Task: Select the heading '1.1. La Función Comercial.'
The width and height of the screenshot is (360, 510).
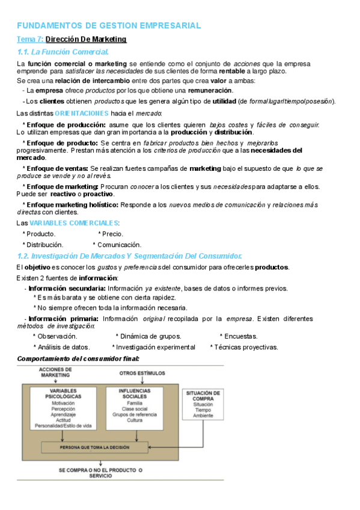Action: [63, 52]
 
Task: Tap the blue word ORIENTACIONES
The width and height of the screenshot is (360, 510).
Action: [82, 113]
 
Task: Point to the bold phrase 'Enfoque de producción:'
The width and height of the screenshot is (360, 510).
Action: [59, 124]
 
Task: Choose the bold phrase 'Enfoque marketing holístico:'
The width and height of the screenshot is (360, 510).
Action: [70, 205]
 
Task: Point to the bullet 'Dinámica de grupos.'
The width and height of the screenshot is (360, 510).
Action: [148, 336]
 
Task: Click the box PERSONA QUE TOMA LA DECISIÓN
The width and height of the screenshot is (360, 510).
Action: [94, 448]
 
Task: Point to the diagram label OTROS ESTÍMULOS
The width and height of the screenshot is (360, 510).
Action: [142, 373]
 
